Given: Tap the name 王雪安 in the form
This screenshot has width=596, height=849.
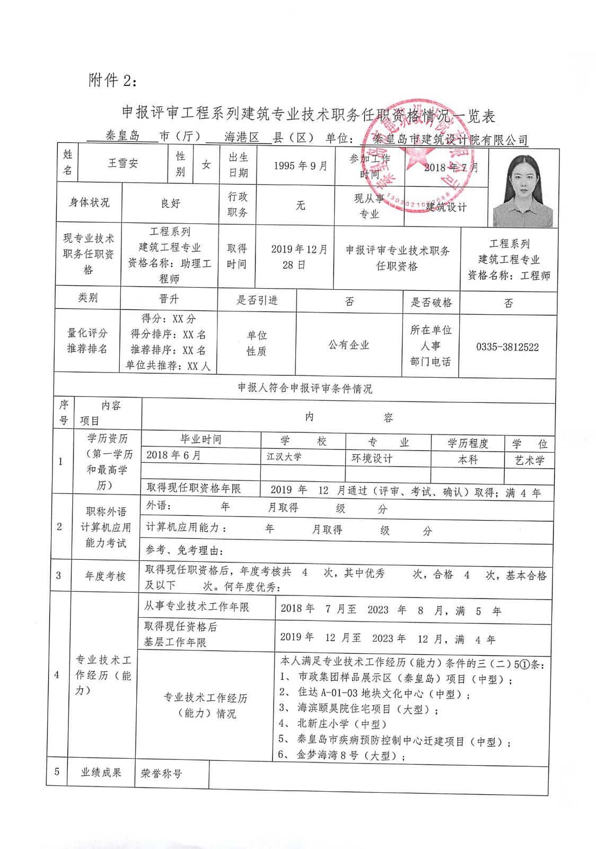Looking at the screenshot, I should click(123, 163).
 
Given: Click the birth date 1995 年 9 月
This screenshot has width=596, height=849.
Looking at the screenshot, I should click(301, 166).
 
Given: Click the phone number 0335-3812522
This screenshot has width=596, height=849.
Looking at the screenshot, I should click(507, 347).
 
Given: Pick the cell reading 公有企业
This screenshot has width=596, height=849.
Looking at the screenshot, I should click(348, 345).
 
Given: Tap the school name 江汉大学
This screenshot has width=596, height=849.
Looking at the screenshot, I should click(284, 456).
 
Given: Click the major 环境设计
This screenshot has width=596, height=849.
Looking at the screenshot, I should click(372, 458).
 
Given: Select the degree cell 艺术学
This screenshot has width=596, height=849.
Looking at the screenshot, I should click(529, 460).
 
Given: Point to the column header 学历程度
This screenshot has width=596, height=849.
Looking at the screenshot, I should click(468, 443).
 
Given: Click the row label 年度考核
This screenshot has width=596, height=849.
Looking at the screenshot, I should click(105, 576).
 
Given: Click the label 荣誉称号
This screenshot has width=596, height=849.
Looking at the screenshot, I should click(161, 774).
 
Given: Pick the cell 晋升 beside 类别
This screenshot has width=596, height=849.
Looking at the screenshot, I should click(169, 299).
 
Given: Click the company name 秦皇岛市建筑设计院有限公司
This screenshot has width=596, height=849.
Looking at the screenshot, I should click(450, 140).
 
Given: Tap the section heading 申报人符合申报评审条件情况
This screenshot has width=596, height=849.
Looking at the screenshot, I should click(305, 388).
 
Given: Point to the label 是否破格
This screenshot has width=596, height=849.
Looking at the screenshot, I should click(431, 302).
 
